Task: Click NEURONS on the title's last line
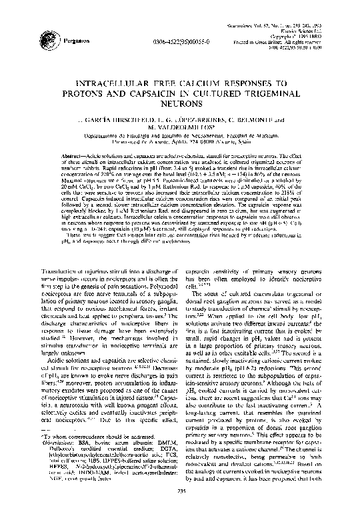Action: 180,105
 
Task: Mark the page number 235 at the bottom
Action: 181,507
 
